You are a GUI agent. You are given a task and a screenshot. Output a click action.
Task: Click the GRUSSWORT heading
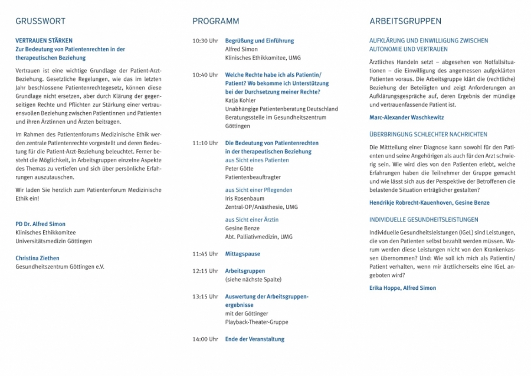(40, 21)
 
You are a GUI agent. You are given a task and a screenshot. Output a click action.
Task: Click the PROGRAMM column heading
(215, 21)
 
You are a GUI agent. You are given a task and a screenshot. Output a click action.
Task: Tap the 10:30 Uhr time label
(205, 41)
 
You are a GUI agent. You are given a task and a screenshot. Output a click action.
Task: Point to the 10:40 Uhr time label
(205, 75)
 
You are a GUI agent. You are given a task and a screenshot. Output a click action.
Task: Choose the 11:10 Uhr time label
(205, 143)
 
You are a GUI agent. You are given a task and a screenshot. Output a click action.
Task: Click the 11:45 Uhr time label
(205, 254)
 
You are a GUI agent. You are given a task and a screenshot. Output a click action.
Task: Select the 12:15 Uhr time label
(205, 271)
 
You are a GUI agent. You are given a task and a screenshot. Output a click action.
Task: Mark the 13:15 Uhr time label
(205, 296)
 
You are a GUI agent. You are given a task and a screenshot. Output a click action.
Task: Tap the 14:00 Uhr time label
(205, 339)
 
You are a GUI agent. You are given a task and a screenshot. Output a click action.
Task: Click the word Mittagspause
(242, 254)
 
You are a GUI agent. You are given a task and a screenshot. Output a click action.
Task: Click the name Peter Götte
(240, 169)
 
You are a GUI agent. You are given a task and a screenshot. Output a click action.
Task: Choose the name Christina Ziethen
(37, 258)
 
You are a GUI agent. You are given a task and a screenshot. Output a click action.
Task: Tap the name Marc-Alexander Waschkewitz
(407, 117)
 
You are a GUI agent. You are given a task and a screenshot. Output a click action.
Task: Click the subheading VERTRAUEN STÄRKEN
(44, 41)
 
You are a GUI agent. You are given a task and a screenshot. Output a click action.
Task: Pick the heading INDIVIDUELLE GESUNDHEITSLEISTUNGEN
(424, 220)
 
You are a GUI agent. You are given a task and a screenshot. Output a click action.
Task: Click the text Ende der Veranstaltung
(254, 339)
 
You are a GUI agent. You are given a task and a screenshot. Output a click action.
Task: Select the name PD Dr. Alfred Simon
(40, 224)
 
